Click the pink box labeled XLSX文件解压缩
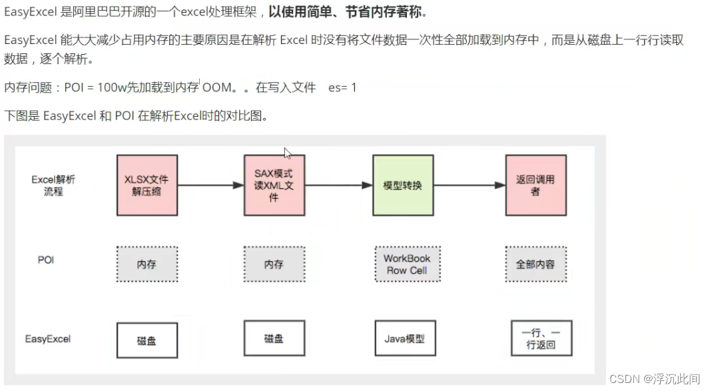point(147,185)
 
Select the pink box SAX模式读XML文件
point(274,185)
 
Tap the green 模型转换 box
point(402,185)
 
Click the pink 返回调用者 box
point(535,185)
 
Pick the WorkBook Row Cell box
point(407,264)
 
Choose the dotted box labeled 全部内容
point(535,264)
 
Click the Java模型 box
point(405,338)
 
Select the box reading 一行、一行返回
point(541,339)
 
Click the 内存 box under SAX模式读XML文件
point(274,264)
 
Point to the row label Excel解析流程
point(53,185)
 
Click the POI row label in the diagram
point(46,260)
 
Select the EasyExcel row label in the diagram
point(48,339)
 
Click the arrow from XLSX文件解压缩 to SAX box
point(210,185)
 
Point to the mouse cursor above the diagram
point(288,153)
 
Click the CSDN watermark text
point(653,378)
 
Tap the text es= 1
point(342,87)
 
